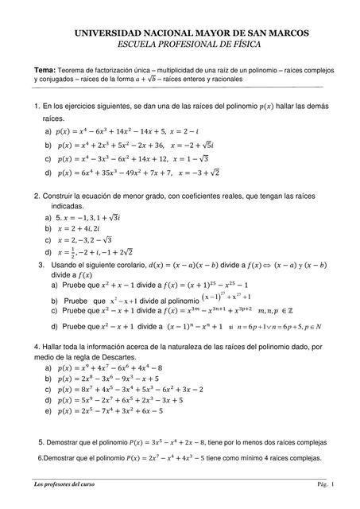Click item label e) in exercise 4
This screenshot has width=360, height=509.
point(49,411)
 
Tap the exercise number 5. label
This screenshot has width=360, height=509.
point(42,441)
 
